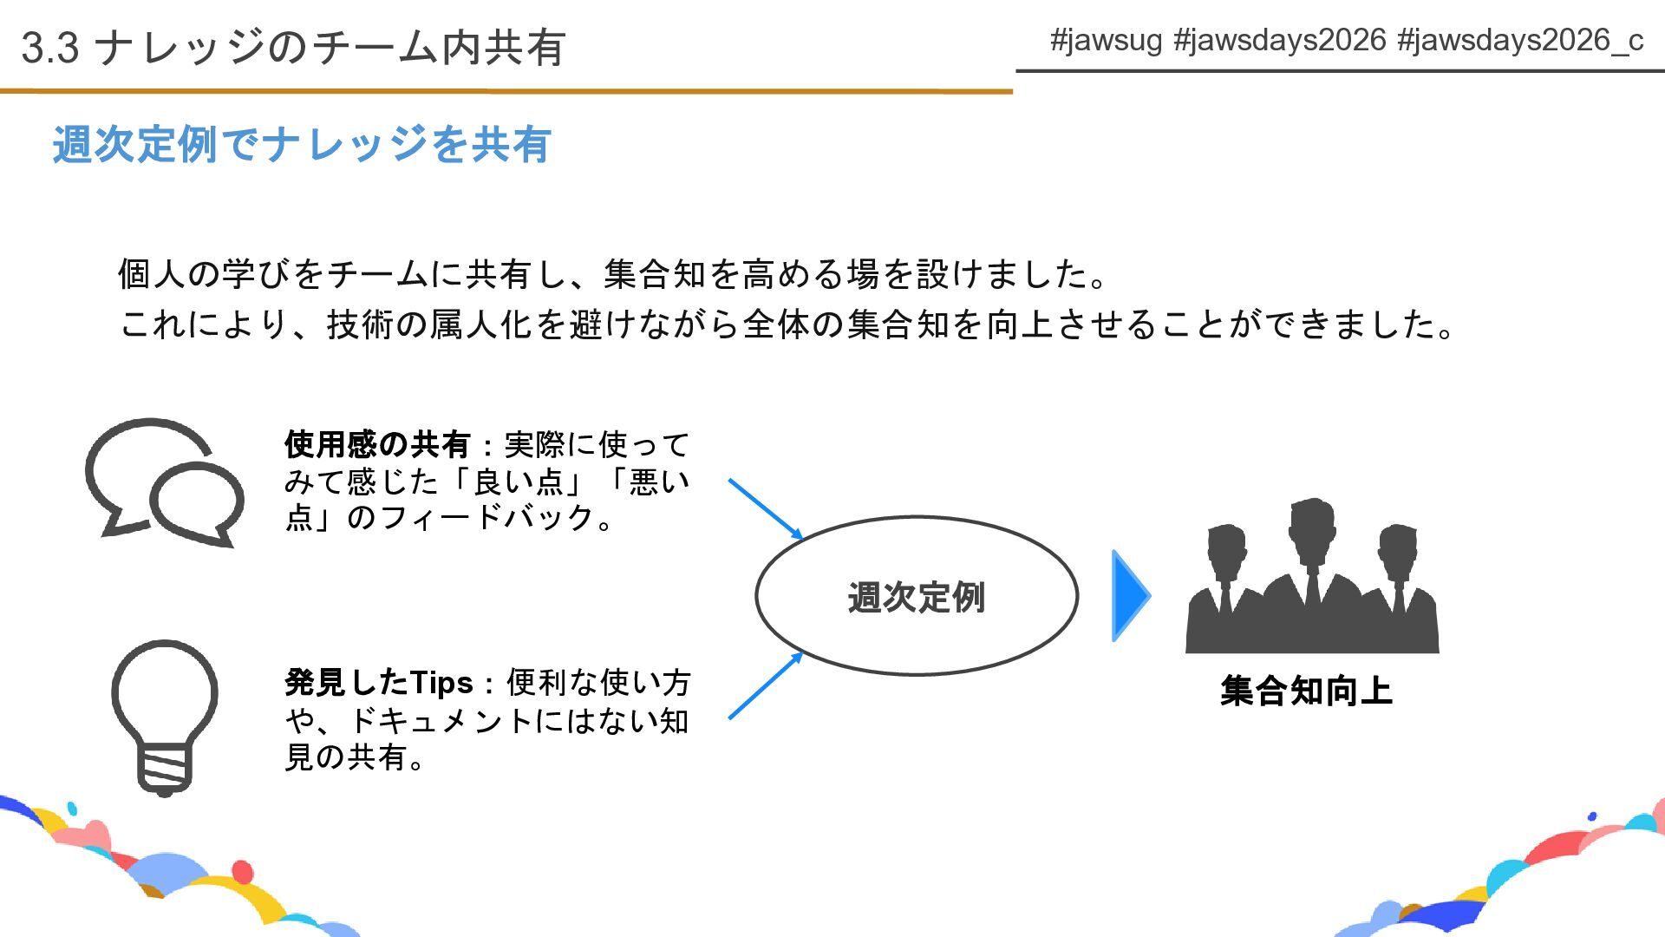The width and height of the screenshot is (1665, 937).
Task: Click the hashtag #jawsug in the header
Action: pyautogui.click(x=1106, y=40)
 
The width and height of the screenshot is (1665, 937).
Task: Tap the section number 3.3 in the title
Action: pyautogui.click(x=50, y=48)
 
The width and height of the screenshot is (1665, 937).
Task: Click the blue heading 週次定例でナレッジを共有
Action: pyautogui.click(x=302, y=144)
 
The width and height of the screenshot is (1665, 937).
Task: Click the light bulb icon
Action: pyautogui.click(x=165, y=716)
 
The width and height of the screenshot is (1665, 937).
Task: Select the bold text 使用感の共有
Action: pyautogui.click(x=377, y=445)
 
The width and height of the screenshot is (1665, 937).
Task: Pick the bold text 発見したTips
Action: pyautogui.click(x=379, y=683)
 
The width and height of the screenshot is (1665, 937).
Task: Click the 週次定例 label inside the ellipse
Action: pyautogui.click(x=917, y=598)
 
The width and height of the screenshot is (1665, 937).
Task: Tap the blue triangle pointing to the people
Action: pyautogui.click(x=1129, y=596)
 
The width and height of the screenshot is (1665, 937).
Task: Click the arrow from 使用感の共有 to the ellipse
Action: pyautogui.click(x=766, y=509)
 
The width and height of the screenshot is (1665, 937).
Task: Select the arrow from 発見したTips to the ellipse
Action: pyautogui.click(x=766, y=685)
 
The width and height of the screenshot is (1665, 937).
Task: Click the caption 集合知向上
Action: pyautogui.click(x=1306, y=691)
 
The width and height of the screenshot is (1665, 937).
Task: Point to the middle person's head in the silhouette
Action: pyautogui.click(x=1312, y=521)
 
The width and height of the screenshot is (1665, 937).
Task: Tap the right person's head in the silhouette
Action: pyautogui.click(x=1397, y=546)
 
